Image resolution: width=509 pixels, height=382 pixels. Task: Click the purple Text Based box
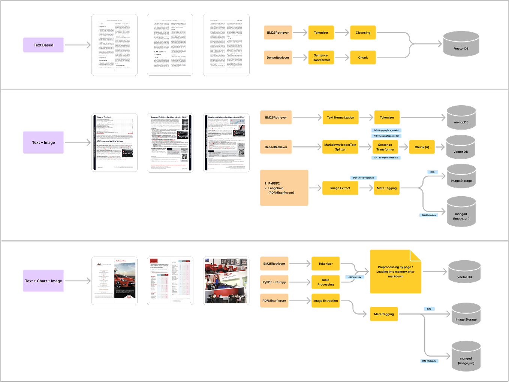click(43, 45)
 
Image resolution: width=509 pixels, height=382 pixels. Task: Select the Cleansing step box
click(362, 33)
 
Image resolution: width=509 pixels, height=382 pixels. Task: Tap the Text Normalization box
click(340, 118)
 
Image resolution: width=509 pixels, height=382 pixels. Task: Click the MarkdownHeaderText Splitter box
click(340, 147)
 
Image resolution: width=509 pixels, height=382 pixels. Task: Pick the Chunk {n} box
click(422, 147)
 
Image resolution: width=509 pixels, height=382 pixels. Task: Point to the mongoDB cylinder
click(461, 118)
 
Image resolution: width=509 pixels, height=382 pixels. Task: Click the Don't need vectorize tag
click(363, 178)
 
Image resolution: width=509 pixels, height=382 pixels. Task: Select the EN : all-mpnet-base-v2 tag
click(386, 158)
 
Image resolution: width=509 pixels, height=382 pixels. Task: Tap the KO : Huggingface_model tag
click(386, 136)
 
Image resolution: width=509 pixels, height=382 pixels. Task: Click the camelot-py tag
click(355, 277)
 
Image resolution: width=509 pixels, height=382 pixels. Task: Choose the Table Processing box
click(325, 282)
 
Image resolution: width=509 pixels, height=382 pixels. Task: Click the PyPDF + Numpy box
click(274, 282)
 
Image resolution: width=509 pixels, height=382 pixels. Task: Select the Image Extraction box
click(325, 301)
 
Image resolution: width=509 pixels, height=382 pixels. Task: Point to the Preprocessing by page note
click(395, 272)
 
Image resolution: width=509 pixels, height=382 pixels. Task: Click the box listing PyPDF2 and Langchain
click(284, 188)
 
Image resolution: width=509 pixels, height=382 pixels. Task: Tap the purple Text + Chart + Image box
click(43, 281)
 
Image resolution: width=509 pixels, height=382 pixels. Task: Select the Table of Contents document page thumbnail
click(114, 143)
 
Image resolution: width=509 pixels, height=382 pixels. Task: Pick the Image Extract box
click(340, 188)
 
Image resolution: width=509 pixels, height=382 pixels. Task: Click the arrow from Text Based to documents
click(78, 45)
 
